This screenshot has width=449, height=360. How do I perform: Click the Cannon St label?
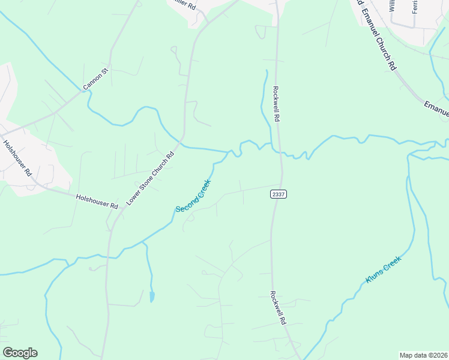pos(95,79)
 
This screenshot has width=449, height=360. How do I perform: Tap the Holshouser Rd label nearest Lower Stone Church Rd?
pos(97,201)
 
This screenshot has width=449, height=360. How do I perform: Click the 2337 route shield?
pos(278,194)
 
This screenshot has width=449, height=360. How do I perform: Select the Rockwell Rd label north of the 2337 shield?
pos(277,105)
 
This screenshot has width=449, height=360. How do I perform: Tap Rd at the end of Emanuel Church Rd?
pos(393,63)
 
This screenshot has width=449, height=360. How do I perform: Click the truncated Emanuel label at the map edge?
pos(436,108)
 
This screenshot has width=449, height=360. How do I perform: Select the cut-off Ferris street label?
pos(414,7)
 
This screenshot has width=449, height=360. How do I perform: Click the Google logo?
pos(20,353)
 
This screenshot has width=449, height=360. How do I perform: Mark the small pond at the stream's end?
pos(152,296)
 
